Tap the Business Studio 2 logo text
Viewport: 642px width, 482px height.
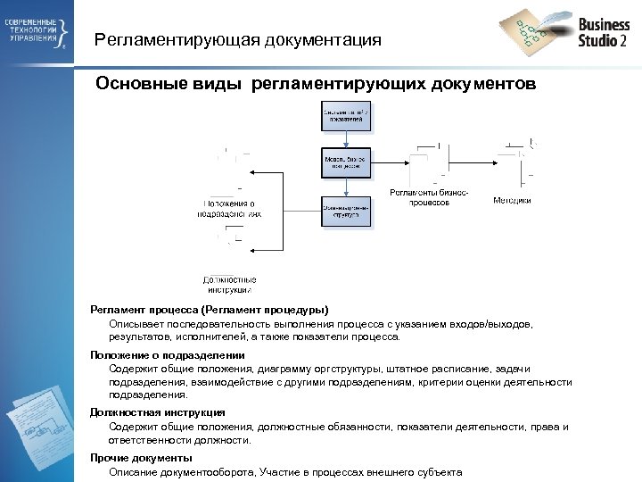604,32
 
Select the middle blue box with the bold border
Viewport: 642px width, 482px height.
346,163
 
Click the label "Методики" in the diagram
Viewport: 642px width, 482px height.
512,201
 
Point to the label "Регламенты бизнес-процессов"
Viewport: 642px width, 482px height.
429,197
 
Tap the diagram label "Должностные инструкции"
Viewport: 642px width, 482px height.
230,284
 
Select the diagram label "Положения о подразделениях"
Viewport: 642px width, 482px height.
230,209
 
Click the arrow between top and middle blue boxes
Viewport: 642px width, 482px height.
346,140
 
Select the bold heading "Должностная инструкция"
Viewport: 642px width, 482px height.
157,412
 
